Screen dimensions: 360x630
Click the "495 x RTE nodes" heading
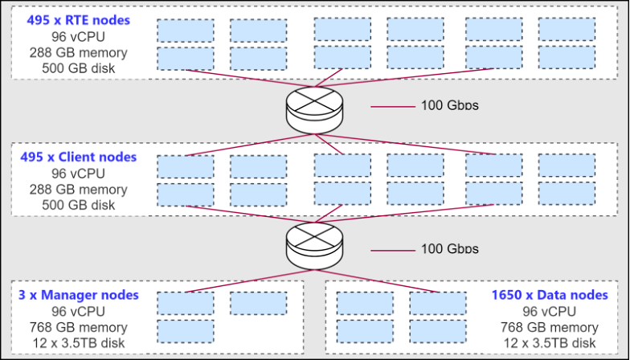pyautogui.click(x=77, y=20)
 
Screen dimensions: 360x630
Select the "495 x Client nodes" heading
pyautogui.click(x=79, y=157)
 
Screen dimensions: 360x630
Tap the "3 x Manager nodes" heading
pyautogui.click(x=78, y=295)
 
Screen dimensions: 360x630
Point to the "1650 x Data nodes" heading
pyautogui.click(x=550, y=295)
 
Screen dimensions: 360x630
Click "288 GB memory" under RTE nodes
pyautogui.click(x=77, y=53)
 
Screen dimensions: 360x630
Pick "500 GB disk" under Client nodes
pyautogui.click(x=78, y=205)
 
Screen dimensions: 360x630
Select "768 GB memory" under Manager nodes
pyautogui.click(x=78, y=327)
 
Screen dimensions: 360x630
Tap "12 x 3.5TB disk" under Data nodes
pyautogui.click(x=550, y=343)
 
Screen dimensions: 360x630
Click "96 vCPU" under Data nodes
pyautogui.click(x=550, y=311)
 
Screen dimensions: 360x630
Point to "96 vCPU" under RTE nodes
pyautogui.click(x=78, y=37)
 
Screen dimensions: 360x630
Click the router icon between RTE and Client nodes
pyautogui.click(x=314, y=109)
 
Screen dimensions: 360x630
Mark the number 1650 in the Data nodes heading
pyautogui.click(x=507, y=295)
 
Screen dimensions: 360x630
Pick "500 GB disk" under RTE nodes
pyautogui.click(x=78, y=68)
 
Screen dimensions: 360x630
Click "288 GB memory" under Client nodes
pyautogui.click(x=78, y=189)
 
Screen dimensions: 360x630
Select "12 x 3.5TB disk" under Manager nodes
pyautogui.click(x=78, y=343)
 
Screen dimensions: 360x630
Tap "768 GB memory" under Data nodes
pyautogui.click(x=550, y=327)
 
